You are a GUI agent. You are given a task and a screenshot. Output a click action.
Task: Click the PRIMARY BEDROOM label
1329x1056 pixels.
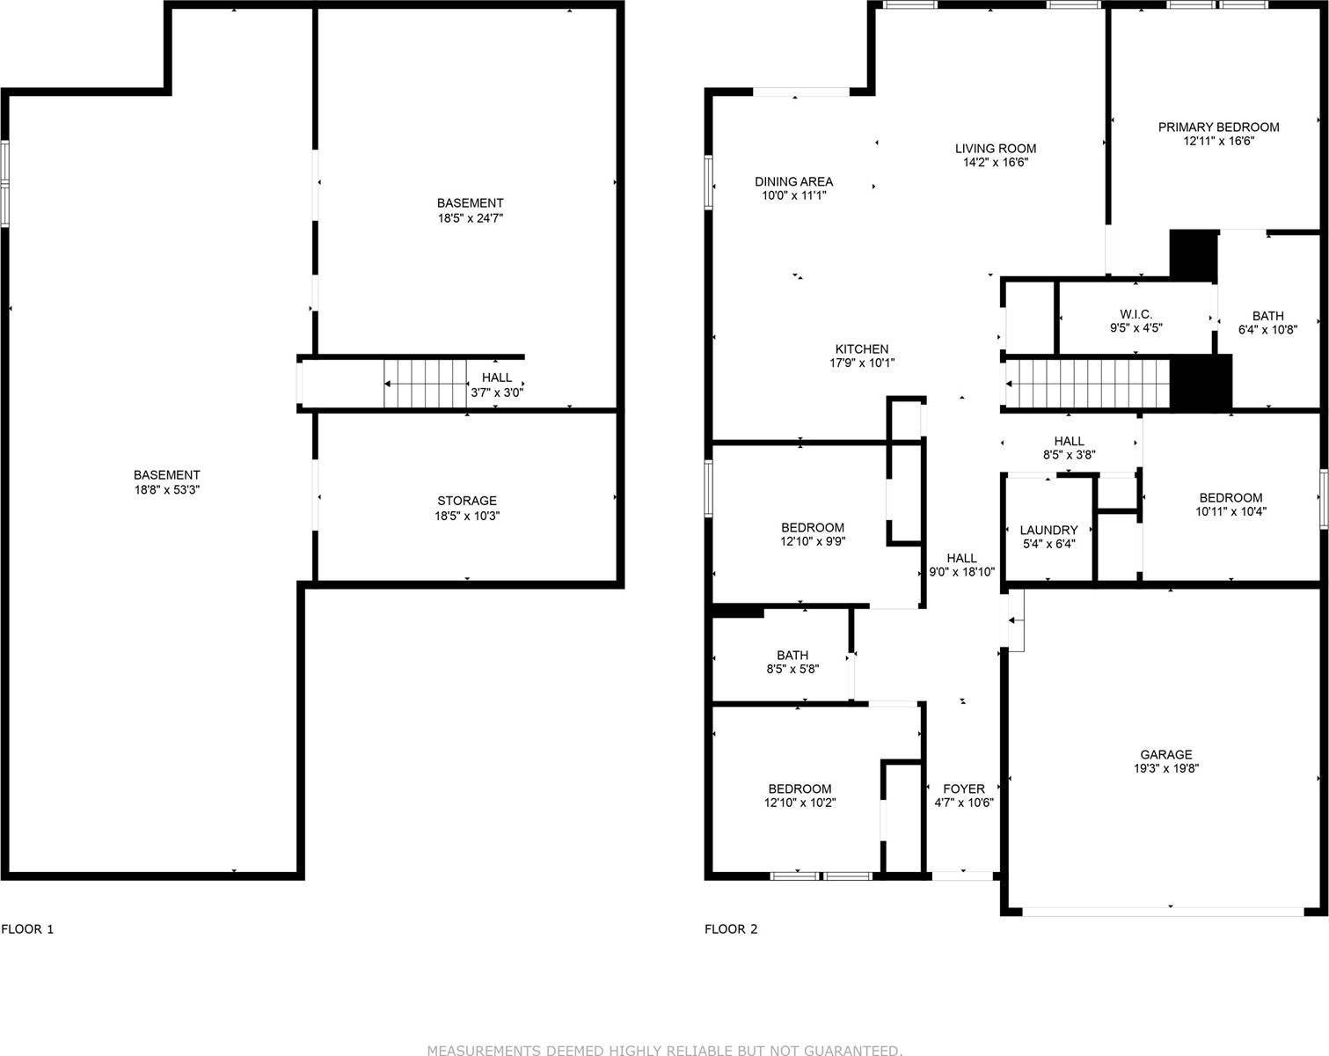pos(1218,127)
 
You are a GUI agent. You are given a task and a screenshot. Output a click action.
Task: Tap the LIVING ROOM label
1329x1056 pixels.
pos(996,148)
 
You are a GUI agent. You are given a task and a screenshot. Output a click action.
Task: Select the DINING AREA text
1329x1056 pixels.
pos(793,181)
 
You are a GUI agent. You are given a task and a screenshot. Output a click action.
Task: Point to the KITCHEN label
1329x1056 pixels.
pos(861,348)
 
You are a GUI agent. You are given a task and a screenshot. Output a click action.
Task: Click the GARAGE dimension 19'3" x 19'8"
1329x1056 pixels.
pos(1166,768)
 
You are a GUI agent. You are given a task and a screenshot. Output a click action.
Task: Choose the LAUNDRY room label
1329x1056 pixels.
pos(1048,530)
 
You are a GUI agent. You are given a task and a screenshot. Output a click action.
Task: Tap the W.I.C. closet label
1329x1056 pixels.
pos(1135,314)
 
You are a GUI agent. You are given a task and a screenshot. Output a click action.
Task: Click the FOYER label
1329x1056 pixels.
pos(964,788)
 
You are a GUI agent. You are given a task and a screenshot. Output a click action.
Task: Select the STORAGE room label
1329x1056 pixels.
pos(467,501)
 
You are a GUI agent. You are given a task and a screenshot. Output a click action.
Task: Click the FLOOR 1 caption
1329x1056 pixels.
pos(28,929)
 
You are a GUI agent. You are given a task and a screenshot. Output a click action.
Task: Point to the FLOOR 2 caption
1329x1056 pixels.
pos(731,929)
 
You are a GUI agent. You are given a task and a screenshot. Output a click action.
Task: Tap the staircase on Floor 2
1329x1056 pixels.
pos(1089,384)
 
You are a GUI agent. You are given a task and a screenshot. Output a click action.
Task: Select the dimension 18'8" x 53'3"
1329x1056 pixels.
pos(167,489)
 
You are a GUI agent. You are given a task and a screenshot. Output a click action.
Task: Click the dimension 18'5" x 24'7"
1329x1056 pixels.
pos(470,217)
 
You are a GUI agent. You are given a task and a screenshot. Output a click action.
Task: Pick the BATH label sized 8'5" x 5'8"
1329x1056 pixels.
pos(792,655)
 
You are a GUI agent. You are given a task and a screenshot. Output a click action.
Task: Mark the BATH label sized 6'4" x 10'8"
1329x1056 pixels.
pos(1267,315)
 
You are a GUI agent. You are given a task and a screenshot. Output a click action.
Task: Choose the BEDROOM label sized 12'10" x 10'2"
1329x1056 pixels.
pos(799,788)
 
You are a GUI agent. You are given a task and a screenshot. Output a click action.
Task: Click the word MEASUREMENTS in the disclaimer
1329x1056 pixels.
pos(485,1050)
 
